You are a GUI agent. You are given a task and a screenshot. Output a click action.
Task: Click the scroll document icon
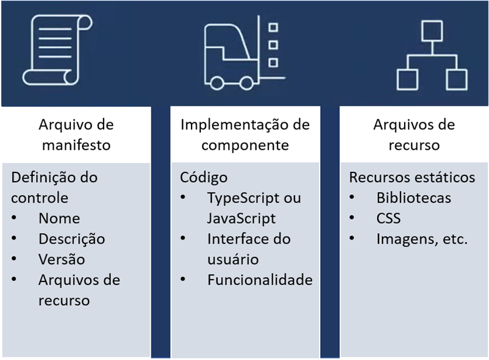coord(58,50)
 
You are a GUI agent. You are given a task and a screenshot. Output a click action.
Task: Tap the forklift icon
coord(245,52)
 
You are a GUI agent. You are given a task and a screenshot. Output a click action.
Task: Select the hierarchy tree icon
coord(432,55)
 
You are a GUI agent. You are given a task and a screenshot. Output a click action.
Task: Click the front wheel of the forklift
coord(246,83)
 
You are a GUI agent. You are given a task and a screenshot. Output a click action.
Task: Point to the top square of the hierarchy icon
coord(432,31)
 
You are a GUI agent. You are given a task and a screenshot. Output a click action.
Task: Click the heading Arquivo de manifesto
coord(76,135)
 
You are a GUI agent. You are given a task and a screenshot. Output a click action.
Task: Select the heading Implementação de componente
coord(245,135)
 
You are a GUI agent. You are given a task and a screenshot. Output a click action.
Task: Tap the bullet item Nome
coord(59,218)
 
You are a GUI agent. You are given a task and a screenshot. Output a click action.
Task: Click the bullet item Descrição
coord(72,239)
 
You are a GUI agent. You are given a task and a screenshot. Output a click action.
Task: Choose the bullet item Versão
coord(62,259)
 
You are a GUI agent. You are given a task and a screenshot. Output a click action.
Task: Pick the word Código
coord(204,178)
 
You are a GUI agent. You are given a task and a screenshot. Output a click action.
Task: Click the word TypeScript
coord(243,198)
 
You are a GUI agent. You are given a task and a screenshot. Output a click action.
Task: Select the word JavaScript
coord(242,218)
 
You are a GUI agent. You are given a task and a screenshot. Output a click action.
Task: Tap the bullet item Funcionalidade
coord(260,280)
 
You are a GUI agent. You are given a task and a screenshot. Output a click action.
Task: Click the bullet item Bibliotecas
coord(414,198)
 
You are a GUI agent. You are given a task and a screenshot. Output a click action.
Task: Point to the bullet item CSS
coord(389,218)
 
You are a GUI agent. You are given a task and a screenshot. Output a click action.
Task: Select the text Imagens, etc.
coord(422,239)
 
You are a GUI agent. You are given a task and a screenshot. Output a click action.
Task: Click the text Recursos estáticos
coord(412,177)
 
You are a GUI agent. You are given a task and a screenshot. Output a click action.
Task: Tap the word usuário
coord(233,260)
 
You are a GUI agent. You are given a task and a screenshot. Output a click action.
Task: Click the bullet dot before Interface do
coord(183,238)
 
